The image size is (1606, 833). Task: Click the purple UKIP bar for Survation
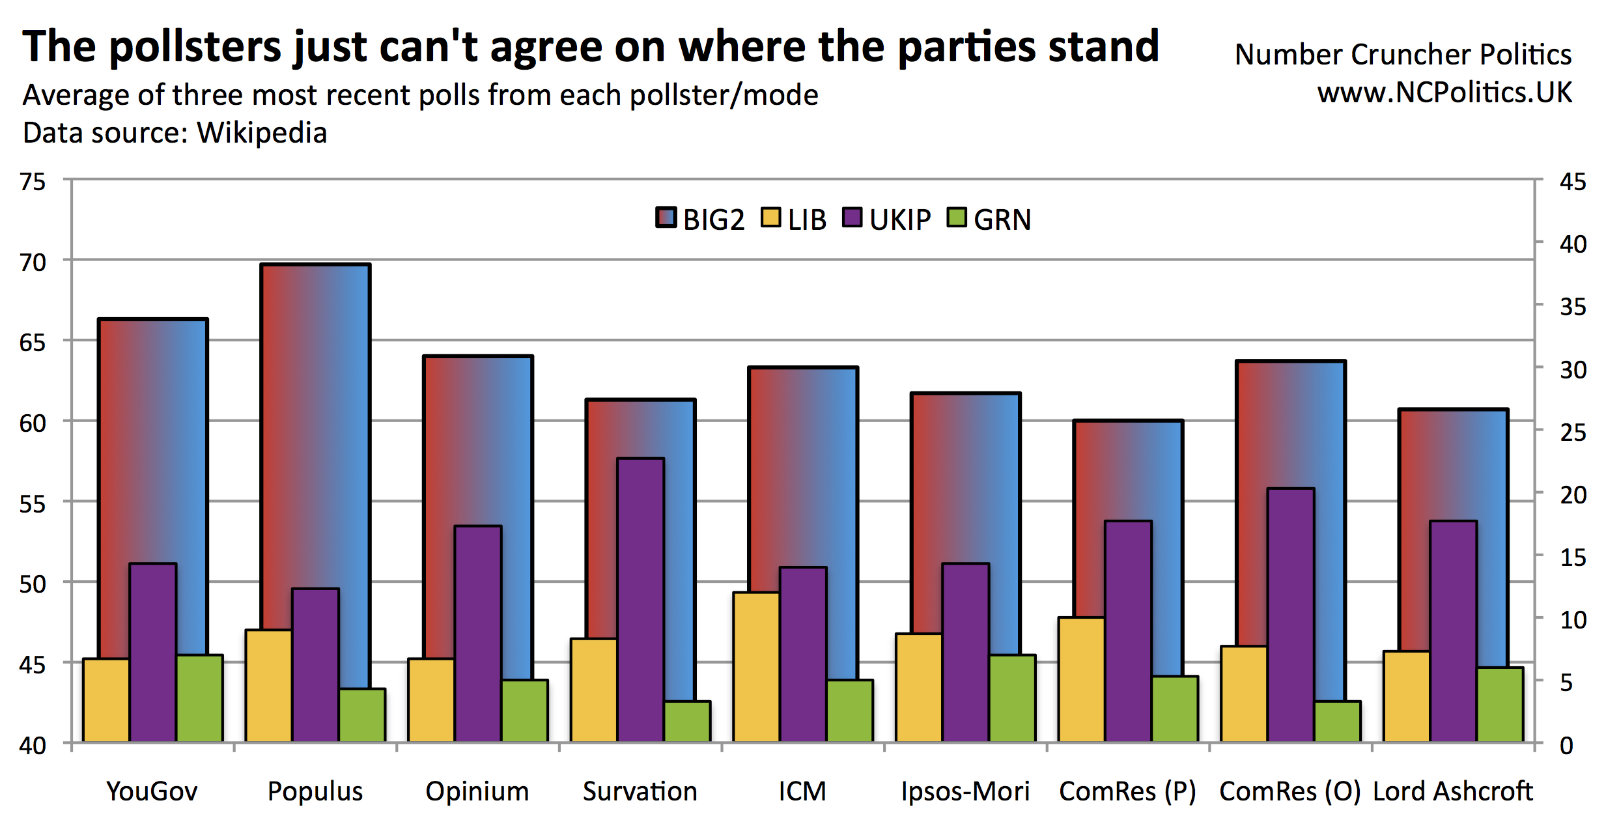coord(641,599)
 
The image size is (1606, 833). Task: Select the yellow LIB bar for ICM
coord(756,667)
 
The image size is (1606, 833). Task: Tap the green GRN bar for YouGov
coord(200,698)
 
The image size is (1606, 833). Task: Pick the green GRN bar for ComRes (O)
coord(1338,721)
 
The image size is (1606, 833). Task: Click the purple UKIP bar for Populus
coord(315,664)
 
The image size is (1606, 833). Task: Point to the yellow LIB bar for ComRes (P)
coord(1081,679)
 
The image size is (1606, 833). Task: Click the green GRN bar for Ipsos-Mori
coord(1013,698)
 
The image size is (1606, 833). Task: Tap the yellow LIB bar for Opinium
coord(431,700)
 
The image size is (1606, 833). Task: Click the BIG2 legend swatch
coord(666,218)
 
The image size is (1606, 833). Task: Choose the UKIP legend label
coord(900,220)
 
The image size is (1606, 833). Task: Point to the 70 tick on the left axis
coord(33,262)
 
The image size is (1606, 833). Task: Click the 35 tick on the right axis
coord(1573,307)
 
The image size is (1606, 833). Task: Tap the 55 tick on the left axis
coord(33,503)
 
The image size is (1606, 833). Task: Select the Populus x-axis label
coord(315,791)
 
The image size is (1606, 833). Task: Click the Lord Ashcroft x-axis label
coord(1453,791)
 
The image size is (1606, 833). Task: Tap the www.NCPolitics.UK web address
coord(1444,92)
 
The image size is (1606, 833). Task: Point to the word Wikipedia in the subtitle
coord(262,133)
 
